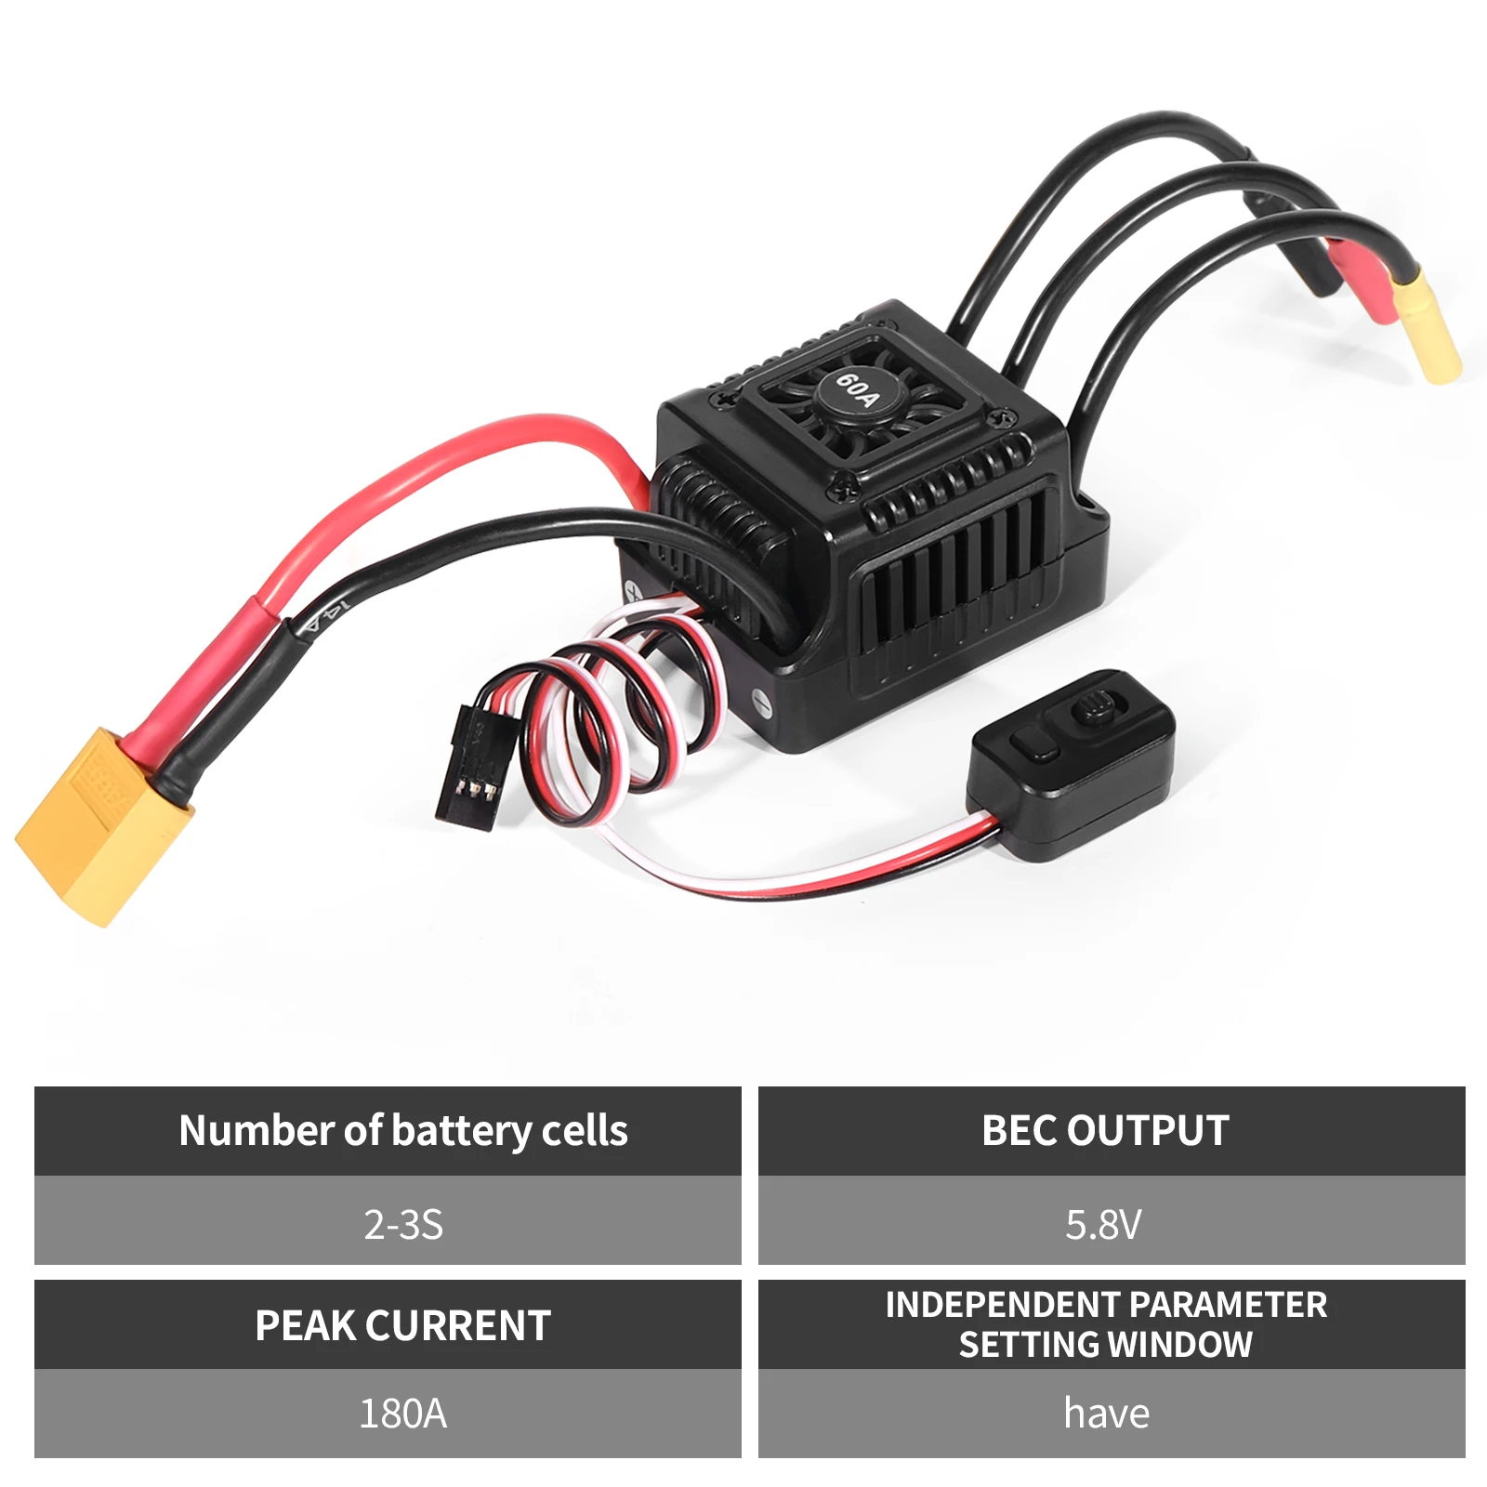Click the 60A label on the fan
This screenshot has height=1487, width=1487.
click(856, 389)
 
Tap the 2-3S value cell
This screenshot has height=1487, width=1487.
click(403, 1225)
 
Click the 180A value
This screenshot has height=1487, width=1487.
click(403, 1414)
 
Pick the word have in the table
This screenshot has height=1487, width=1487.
click(1106, 1414)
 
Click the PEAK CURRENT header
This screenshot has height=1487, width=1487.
click(403, 1325)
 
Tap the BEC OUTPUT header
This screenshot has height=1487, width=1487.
click(1106, 1130)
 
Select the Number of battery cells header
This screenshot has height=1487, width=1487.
click(403, 1130)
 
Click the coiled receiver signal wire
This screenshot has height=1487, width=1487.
click(595, 706)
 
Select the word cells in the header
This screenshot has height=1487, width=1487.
click(585, 1130)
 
